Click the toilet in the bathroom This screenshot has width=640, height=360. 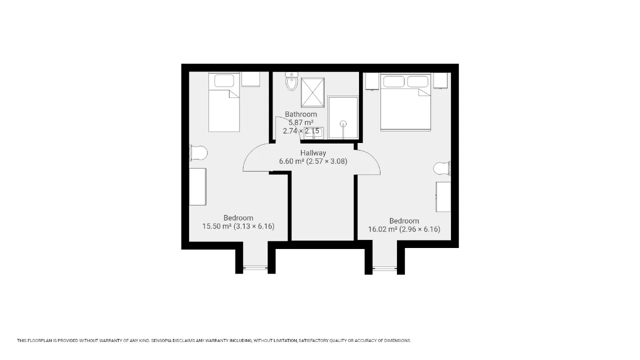pyautogui.click(x=291, y=81)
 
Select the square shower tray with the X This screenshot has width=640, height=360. pyautogui.click(x=312, y=92)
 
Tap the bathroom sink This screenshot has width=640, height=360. pyautogui.click(x=313, y=133)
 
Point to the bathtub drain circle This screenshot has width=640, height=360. pyautogui.click(x=343, y=123)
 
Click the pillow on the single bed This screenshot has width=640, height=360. pyautogui.click(x=224, y=81)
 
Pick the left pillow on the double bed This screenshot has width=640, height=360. pyautogui.click(x=393, y=81)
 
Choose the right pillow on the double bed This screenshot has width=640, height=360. pyautogui.click(x=417, y=81)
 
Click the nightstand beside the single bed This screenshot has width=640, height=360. pyautogui.click(x=250, y=79)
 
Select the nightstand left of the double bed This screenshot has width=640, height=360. pyautogui.click(x=372, y=81)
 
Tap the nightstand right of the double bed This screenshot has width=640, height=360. pyautogui.click(x=440, y=80)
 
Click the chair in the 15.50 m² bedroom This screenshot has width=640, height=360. pyautogui.click(x=198, y=153)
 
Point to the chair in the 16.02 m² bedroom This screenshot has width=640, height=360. pyautogui.click(x=442, y=168)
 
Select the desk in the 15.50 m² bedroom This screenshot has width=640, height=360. pyautogui.click(x=197, y=186)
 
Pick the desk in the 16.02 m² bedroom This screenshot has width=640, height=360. pyautogui.click(x=443, y=197)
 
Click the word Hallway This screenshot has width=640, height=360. pyautogui.click(x=313, y=153)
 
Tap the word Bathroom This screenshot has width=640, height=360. pyautogui.click(x=301, y=114)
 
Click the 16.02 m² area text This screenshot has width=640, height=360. pyautogui.click(x=382, y=229)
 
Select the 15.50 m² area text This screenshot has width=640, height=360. pyautogui.click(x=217, y=226)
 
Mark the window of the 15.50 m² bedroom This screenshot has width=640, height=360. pyautogui.click(x=255, y=268)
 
